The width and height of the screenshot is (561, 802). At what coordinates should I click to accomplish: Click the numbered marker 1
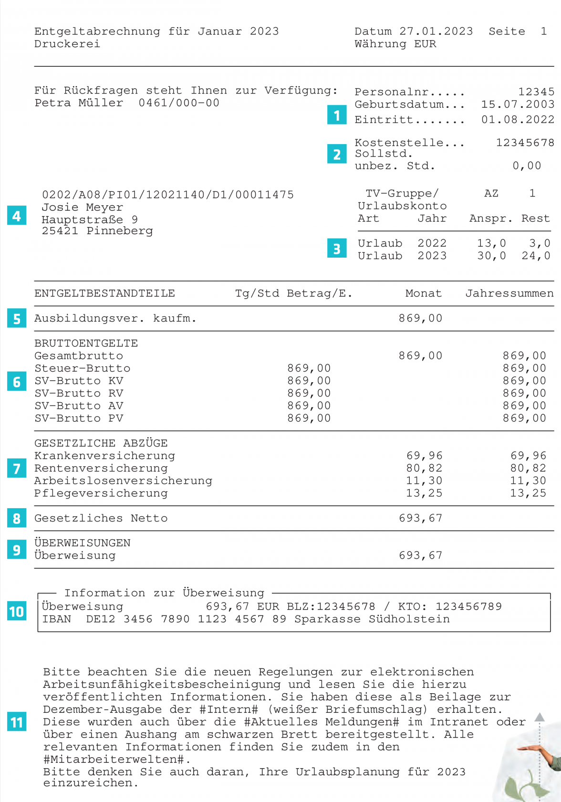[x=336, y=115]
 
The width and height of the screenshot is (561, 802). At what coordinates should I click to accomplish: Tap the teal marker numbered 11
[x=17, y=722]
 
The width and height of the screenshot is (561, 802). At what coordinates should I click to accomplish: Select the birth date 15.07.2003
[x=518, y=104]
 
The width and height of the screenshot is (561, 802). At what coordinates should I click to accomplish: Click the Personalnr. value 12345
[x=536, y=92]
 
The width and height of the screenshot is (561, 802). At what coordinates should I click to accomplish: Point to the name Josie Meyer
[x=82, y=208]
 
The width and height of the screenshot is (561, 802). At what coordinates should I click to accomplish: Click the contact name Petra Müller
[x=79, y=103]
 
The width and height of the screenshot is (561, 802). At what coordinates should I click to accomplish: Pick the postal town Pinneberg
[x=120, y=231]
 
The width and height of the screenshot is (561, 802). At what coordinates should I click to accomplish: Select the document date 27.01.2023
[x=436, y=31]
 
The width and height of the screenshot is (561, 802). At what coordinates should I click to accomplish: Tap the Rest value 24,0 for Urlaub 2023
[x=536, y=256]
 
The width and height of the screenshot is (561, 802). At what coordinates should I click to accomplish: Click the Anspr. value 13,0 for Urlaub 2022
[x=491, y=243]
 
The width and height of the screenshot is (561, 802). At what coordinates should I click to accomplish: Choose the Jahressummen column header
[x=509, y=293]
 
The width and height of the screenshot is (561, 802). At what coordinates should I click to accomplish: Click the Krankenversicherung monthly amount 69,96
[x=424, y=456]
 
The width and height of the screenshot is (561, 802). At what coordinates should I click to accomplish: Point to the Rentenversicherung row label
[x=101, y=468]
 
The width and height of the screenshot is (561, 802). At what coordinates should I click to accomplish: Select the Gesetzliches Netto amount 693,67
[x=420, y=518]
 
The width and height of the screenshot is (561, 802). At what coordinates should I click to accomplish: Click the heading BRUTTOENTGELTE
[x=86, y=343]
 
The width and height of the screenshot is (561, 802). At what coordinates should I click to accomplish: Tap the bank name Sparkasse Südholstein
[x=372, y=619]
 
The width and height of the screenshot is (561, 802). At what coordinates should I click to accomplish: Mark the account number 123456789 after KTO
[x=468, y=606]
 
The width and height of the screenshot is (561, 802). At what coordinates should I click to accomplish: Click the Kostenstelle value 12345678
[x=525, y=143]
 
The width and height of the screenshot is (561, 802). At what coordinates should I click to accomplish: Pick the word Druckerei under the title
[x=67, y=44]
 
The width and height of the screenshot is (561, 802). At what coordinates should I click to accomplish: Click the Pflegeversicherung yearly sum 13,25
[x=528, y=493]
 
